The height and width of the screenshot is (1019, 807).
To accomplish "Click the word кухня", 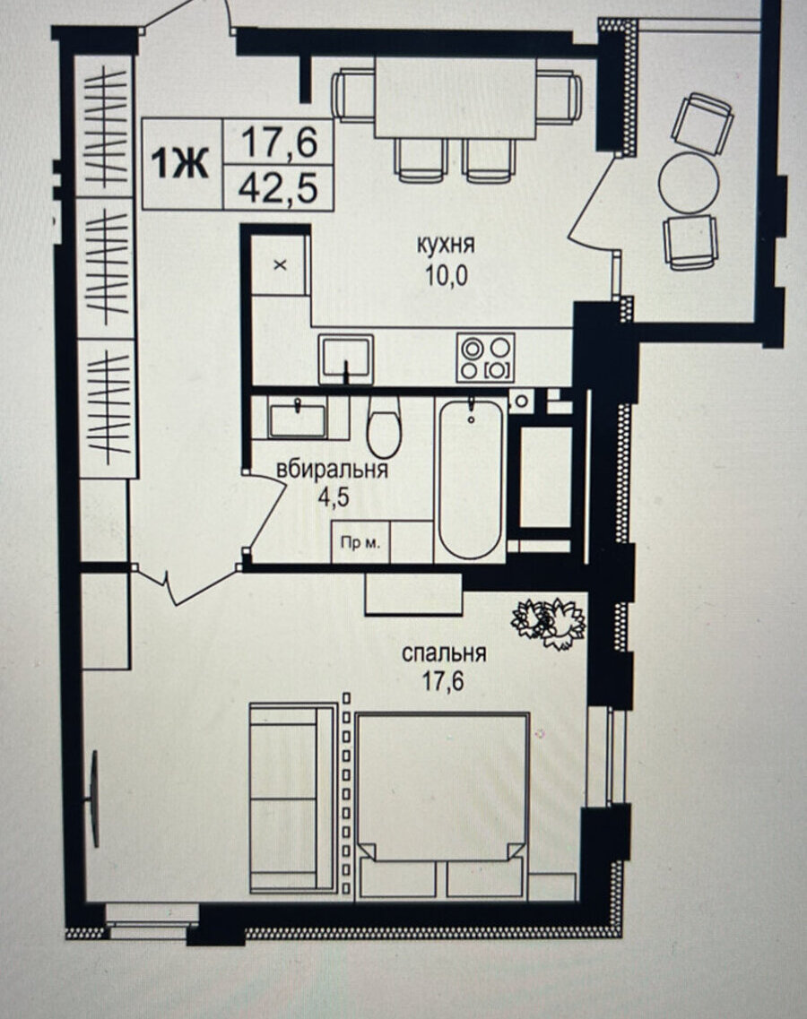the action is pyautogui.click(x=446, y=245).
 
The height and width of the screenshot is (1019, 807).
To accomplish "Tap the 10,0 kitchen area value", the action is pyautogui.click(x=447, y=276).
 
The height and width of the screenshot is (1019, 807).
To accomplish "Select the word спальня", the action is pyautogui.click(x=444, y=652).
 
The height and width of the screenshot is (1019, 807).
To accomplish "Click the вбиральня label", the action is pyautogui.click(x=332, y=470).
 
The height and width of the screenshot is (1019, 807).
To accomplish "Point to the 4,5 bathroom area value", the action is pyautogui.click(x=334, y=497).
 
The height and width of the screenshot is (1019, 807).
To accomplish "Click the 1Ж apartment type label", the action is pyautogui.click(x=180, y=162).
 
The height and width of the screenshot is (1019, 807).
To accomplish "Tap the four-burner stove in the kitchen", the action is pyautogui.click(x=486, y=358).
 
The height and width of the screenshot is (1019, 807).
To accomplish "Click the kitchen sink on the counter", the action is pyautogui.click(x=345, y=358).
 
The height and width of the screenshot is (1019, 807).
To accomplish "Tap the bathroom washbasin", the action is pyautogui.click(x=299, y=419).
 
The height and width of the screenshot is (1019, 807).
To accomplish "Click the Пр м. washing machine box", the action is pyautogui.click(x=360, y=541).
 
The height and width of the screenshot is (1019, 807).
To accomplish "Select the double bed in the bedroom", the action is pyautogui.click(x=442, y=806).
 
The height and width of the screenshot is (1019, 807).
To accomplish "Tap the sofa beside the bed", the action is pyautogui.click(x=292, y=797).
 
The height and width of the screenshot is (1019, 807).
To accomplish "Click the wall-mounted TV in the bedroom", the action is pyautogui.click(x=94, y=798).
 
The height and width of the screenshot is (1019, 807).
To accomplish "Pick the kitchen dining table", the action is pyautogui.click(x=456, y=98).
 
